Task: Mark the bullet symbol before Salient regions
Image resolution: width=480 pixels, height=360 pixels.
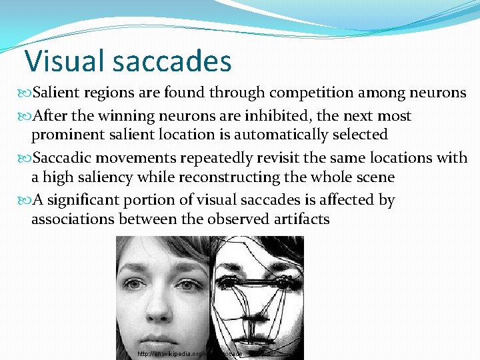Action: pyautogui.click(x=26, y=92)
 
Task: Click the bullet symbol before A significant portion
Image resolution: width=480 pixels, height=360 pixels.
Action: pyautogui.click(x=26, y=200)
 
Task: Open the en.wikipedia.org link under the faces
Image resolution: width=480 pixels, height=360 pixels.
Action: pyautogui.click(x=190, y=353)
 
